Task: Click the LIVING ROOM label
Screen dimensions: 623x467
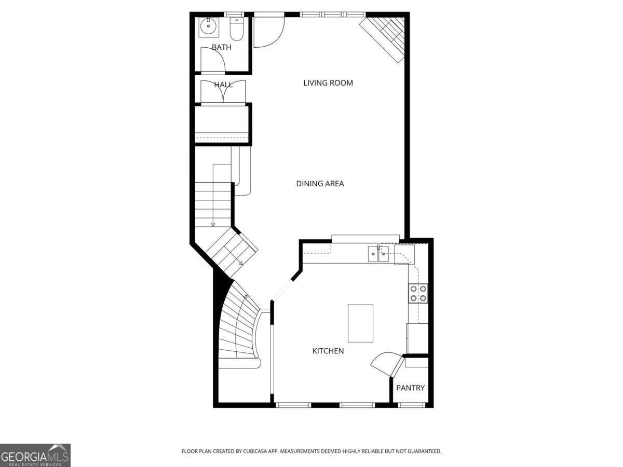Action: coord(328,83)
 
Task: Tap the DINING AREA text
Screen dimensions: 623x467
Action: coord(320,184)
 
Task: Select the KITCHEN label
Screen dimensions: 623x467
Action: coord(328,351)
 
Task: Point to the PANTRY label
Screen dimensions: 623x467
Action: coord(411,388)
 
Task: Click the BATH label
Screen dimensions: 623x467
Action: coord(222,47)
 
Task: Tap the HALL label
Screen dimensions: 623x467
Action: coord(223,85)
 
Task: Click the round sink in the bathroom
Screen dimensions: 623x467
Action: coord(209,26)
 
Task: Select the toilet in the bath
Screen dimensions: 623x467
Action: coord(237,29)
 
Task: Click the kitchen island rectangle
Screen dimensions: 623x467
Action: coord(360,323)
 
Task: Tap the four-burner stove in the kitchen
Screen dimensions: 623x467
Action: coord(418,294)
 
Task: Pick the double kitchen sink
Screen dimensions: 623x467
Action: coord(378,254)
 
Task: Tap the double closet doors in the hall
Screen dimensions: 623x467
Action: coord(223,91)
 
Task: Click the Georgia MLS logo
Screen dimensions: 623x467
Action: coord(35,455)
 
